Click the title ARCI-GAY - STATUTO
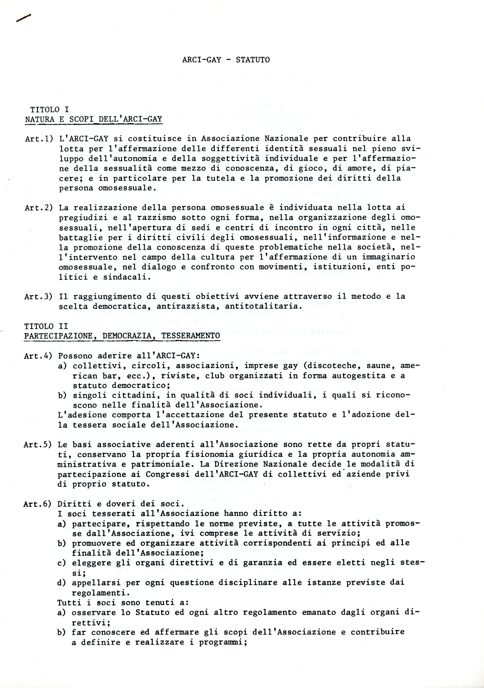226,60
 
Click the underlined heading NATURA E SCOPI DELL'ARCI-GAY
93,119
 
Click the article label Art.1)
39,139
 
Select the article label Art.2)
39,208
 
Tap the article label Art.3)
39,297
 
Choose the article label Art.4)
38,356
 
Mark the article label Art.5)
38,445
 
